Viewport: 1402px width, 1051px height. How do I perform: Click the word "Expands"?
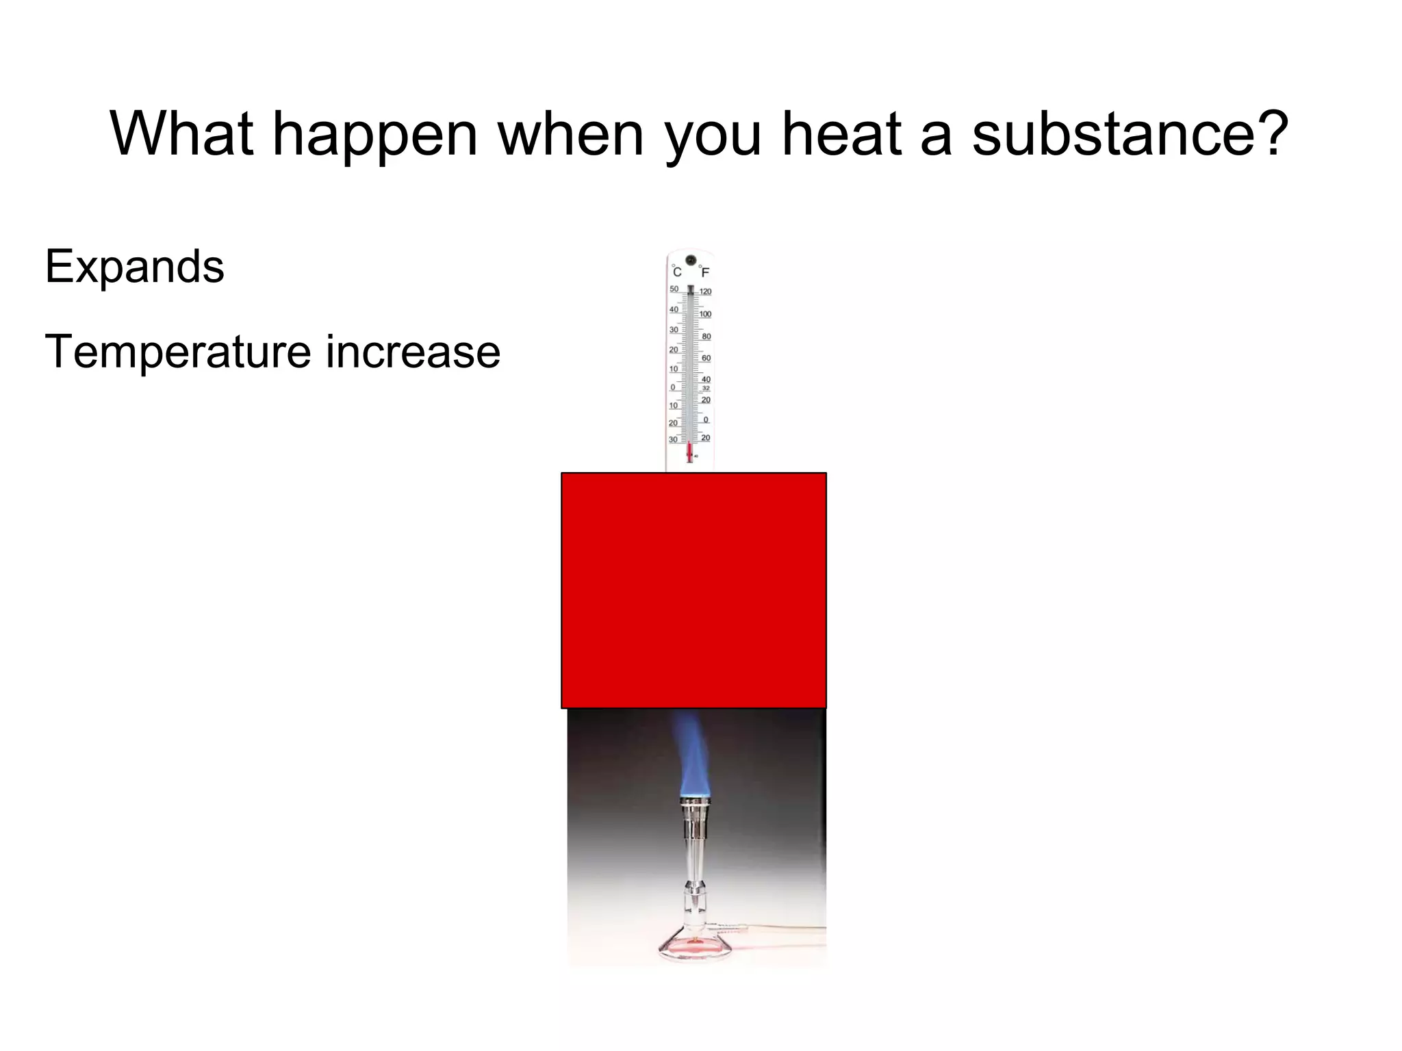click(x=134, y=267)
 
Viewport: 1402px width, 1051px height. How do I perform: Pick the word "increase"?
click(x=413, y=352)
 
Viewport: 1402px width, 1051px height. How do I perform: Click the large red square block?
click(x=693, y=590)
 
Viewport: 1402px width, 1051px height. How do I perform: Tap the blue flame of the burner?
click(x=692, y=756)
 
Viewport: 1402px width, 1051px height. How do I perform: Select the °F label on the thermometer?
click(x=704, y=272)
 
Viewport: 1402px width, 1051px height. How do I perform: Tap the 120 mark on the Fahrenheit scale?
click(x=706, y=291)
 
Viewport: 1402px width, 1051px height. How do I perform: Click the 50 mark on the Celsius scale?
click(x=674, y=289)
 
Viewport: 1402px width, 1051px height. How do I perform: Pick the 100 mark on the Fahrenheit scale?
click(x=706, y=314)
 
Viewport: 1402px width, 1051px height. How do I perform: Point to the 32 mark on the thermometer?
click(x=706, y=389)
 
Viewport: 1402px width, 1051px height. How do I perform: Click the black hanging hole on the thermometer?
click(x=691, y=260)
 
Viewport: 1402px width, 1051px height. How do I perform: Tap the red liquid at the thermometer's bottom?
click(x=689, y=452)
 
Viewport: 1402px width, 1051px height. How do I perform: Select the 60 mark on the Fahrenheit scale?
click(x=706, y=358)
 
